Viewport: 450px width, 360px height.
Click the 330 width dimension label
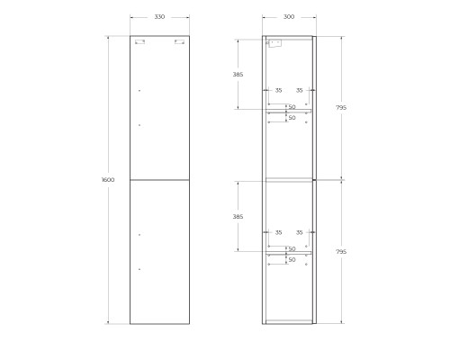point(159,17)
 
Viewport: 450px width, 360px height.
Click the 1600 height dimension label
point(108,180)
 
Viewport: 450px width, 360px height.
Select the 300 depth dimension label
point(288,17)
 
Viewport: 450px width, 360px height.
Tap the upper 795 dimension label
point(342,108)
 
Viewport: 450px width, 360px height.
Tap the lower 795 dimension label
point(342,252)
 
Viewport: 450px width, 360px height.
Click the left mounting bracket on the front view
point(139,41)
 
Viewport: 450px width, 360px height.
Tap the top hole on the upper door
point(139,91)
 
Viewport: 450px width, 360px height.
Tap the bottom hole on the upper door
point(139,125)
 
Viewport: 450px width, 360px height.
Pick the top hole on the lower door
point(139,235)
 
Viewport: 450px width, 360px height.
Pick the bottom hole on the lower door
point(139,269)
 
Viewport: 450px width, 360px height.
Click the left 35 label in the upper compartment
point(278,90)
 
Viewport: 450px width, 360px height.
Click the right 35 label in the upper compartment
point(300,90)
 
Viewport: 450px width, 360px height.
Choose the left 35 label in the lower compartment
point(278,233)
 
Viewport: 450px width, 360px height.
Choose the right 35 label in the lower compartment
point(300,233)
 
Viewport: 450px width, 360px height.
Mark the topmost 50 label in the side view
point(292,107)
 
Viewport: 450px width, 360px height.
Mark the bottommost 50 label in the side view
point(292,260)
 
